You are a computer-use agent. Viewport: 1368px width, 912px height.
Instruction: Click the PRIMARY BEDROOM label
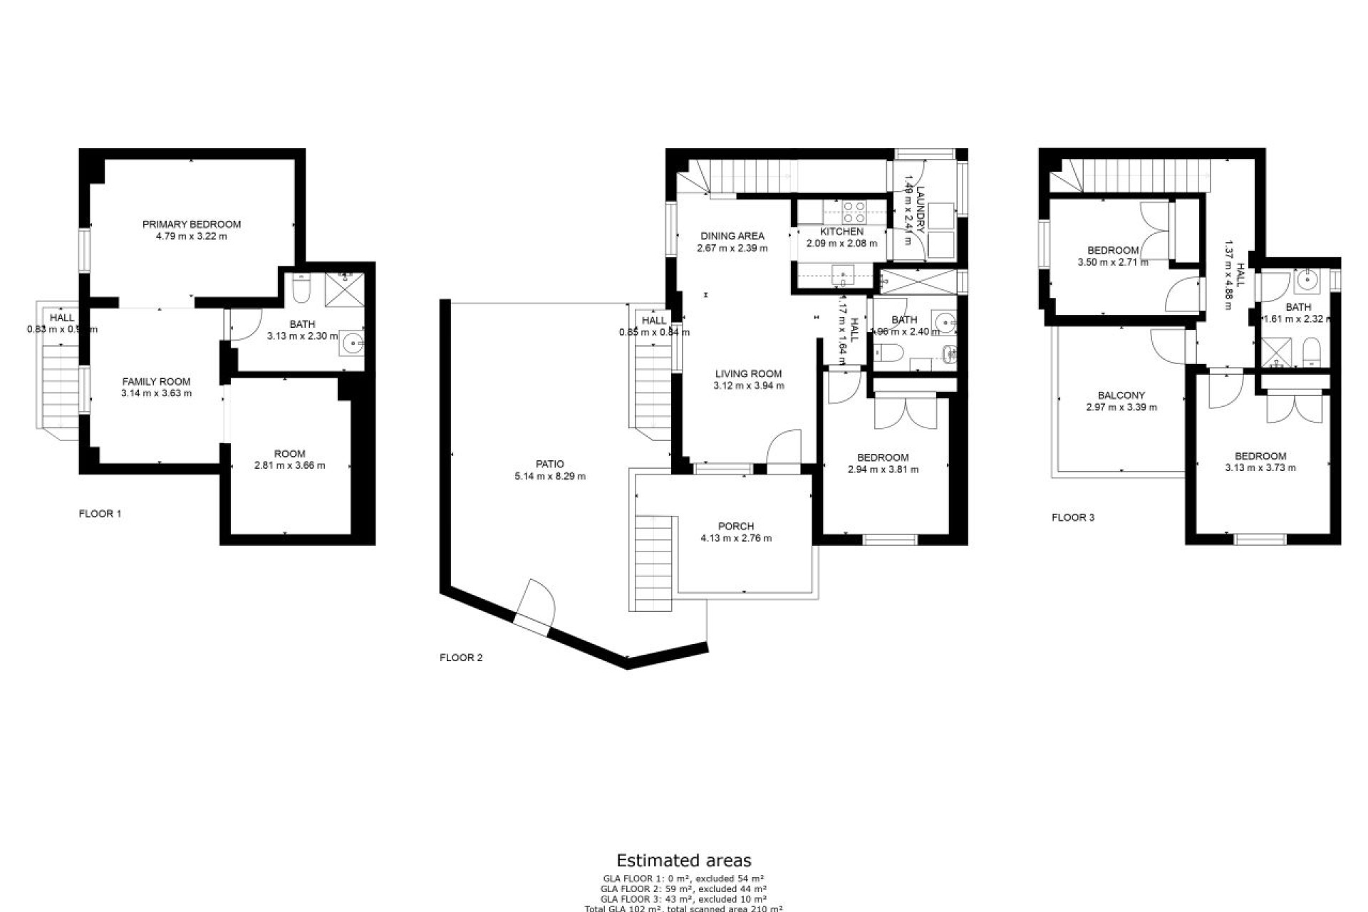point(192,224)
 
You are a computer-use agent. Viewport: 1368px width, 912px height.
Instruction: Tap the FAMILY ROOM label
point(157,382)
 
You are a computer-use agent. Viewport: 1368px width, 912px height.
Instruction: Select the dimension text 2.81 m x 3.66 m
point(289,466)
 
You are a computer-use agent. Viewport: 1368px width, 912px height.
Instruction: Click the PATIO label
point(550,465)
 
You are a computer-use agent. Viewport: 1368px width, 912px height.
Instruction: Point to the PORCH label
point(736,527)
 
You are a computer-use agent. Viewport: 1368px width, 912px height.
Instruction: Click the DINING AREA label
point(732,236)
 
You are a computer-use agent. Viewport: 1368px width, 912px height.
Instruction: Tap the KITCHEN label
point(841,232)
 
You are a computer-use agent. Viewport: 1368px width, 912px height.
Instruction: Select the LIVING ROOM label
point(749,373)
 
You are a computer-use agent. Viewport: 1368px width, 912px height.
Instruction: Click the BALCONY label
point(1121,395)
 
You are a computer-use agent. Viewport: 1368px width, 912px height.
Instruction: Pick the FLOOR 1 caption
point(100,514)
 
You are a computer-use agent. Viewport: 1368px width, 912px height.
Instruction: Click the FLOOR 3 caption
point(1073,518)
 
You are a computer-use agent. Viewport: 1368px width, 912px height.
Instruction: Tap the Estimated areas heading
point(683,861)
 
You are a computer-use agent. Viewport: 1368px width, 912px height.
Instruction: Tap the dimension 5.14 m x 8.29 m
point(550,477)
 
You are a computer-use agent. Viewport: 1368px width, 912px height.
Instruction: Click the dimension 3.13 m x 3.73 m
point(1260,468)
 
